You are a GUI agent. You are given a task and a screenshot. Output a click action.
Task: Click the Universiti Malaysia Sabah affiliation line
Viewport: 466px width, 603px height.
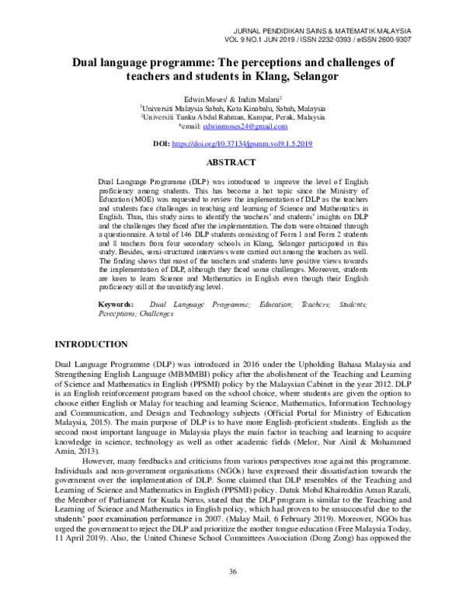click(233, 108)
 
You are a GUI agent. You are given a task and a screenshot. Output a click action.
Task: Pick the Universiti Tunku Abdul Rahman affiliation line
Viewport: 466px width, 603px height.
click(233, 117)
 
